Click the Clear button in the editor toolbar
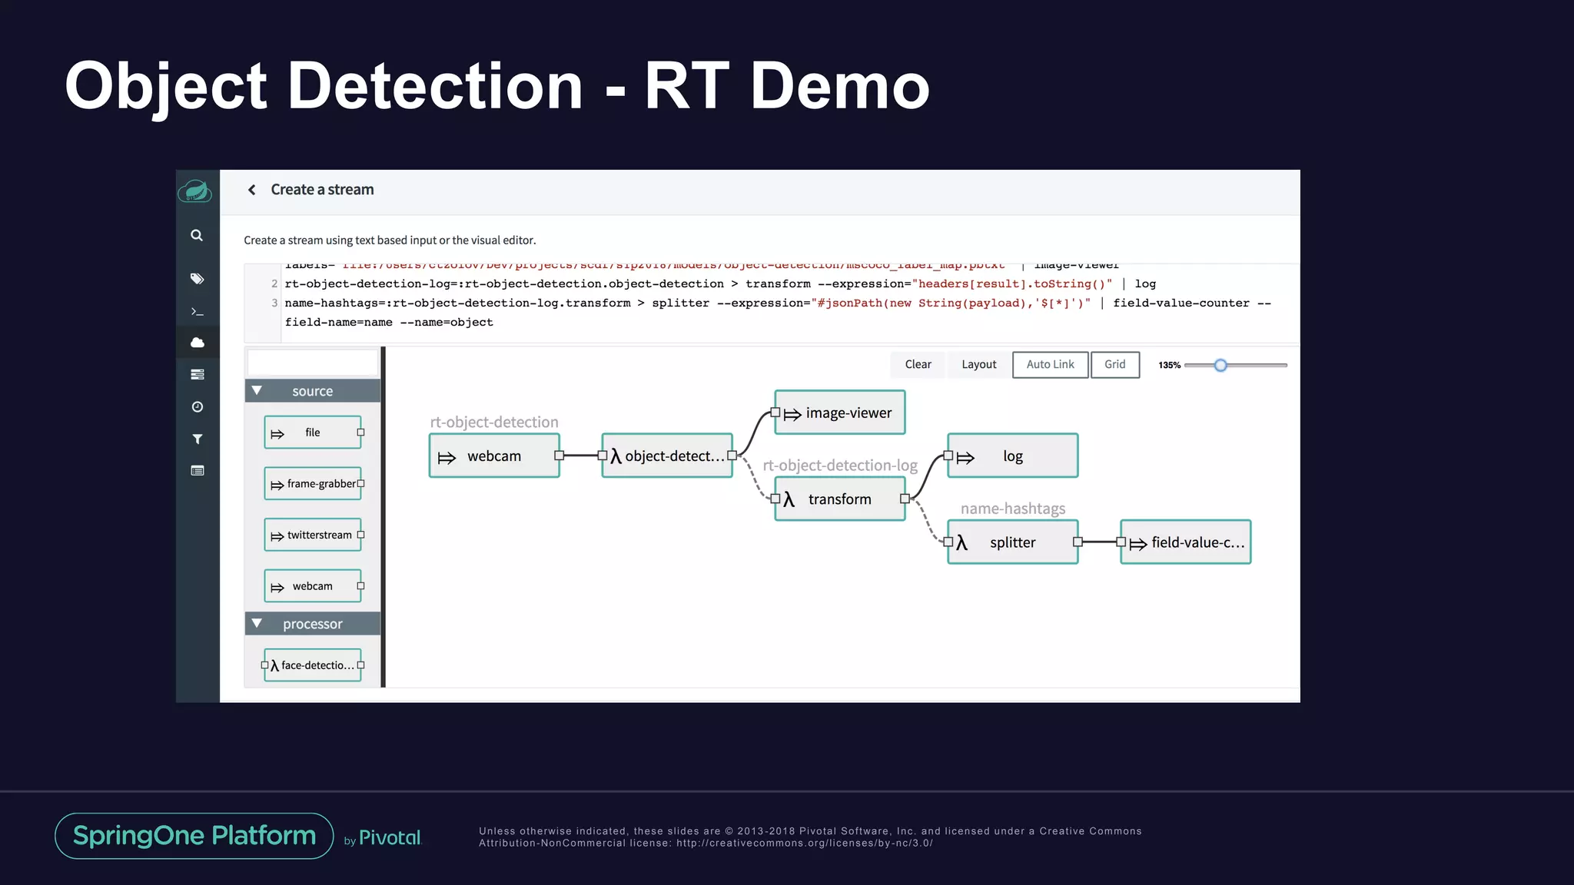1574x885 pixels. pyautogui.click(x=918, y=365)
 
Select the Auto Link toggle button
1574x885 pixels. pyautogui.click(x=1050, y=365)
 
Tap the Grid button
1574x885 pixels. pyautogui.click(x=1114, y=365)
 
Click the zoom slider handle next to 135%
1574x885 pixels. pyautogui.click(x=1220, y=366)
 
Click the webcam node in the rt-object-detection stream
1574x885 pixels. pyautogui.click(x=493, y=456)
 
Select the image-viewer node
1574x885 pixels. pyautogui.click(x=839, y=413)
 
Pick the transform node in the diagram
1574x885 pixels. pyautogui.click(x=839, y=499)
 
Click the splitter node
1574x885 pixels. pyautogui.click(x=1012, y=542)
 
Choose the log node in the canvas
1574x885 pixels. pyautogui.click(x=1012, y=456)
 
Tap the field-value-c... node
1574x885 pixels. pyautogui.click(x=1185, y=542)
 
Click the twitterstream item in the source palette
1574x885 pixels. pyautogui.click(x=313, y=535)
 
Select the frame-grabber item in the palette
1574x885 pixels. pyautogui.click(x=313, y=484)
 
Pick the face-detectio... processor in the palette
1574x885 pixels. pyautogui.click(x=313, y=665)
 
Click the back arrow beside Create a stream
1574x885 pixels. pyautogui.click(x=251, y=190)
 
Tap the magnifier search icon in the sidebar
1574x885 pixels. pyautogui.click(x=197, y=236)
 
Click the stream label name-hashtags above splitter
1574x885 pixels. pyautogui.click(x=1012, y=509)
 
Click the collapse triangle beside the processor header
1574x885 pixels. pyautogui.click(x=257, y=624)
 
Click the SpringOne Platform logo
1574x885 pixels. pyautogui.click(x=194, y=836)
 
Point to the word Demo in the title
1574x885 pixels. pyautogui.click(x=839, y=86)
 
